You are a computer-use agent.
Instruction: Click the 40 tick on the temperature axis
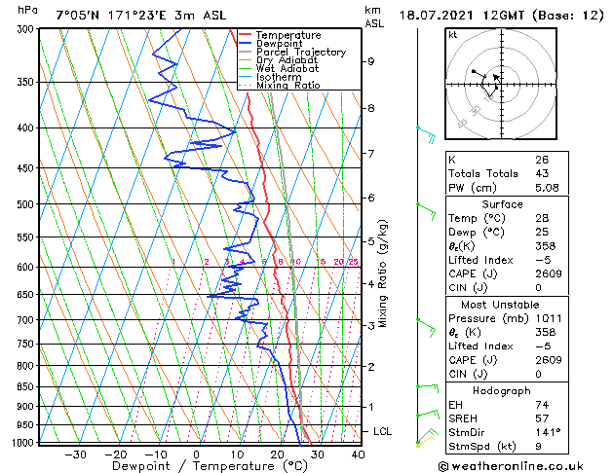coord(358,455)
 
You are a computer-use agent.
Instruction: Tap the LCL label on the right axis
coord(384,431)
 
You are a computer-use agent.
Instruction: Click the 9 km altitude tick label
coord(371,61)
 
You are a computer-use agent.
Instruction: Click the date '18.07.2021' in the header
coord(439,15)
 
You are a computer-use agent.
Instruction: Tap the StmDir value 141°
coord(548,432)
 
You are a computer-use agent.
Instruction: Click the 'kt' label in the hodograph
coord(453,35)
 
